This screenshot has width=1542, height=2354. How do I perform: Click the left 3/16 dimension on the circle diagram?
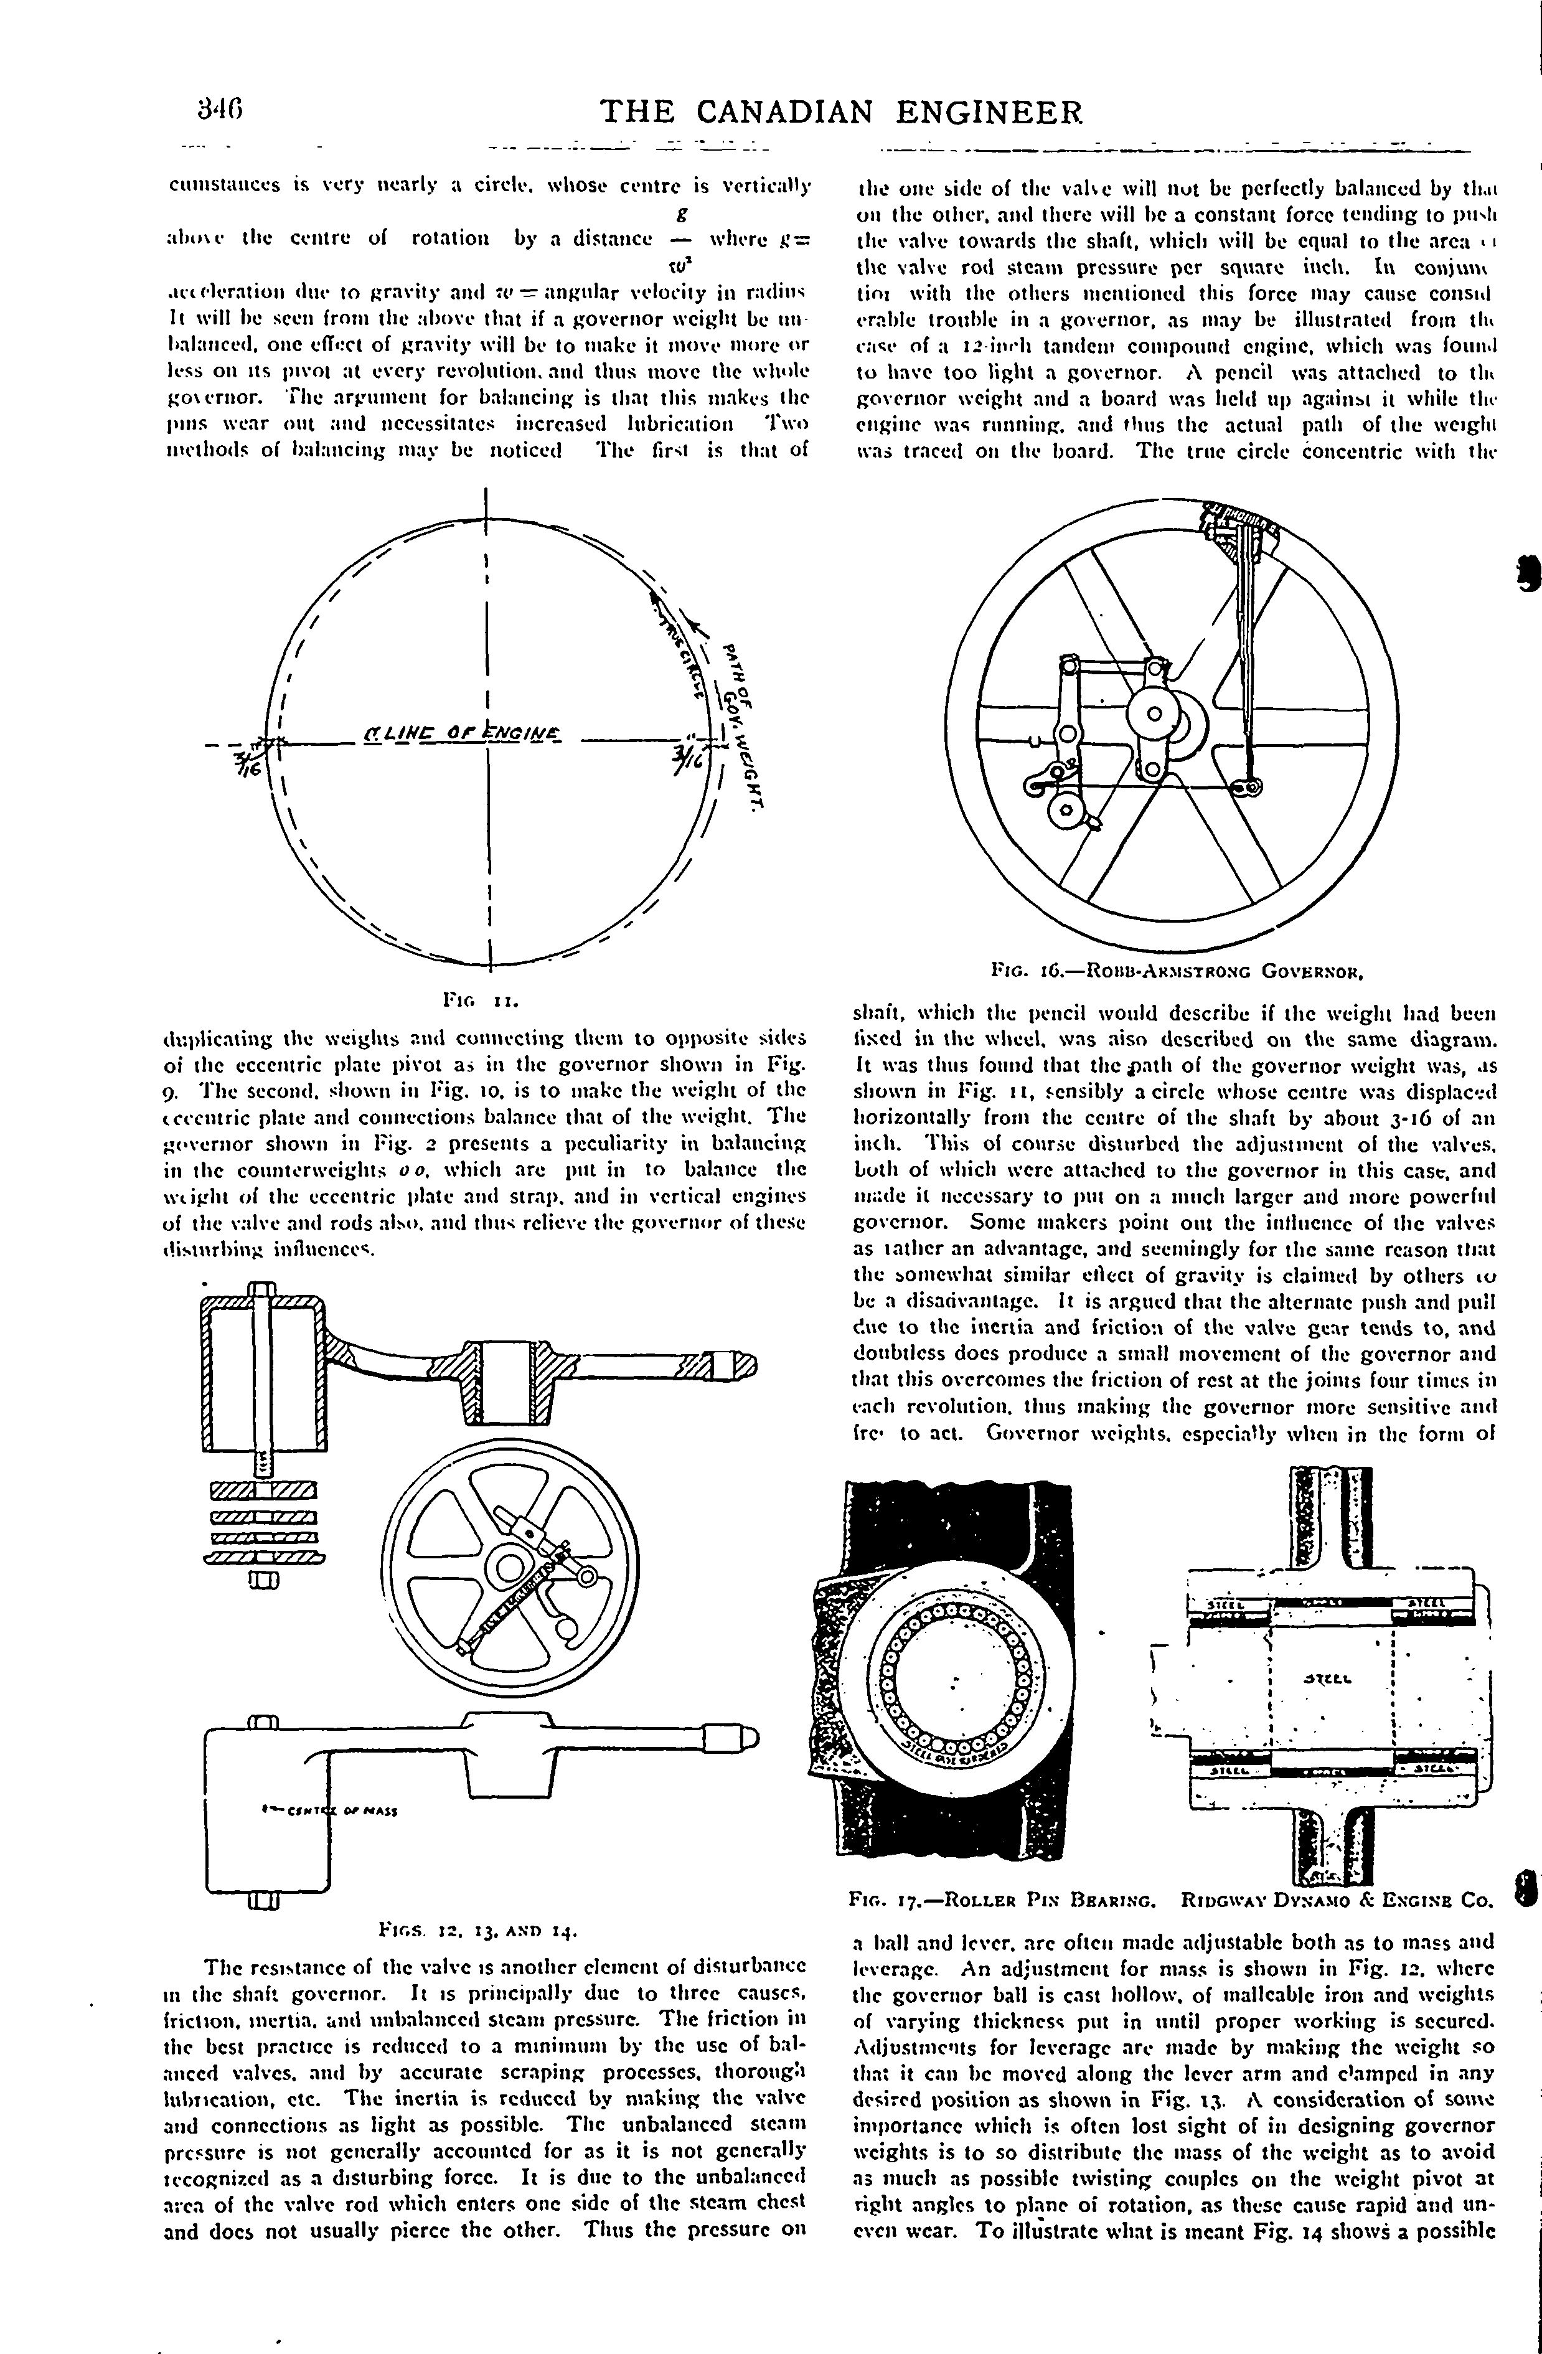click(243, 761)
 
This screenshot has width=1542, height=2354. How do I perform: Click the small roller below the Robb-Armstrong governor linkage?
click(1066, 810)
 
